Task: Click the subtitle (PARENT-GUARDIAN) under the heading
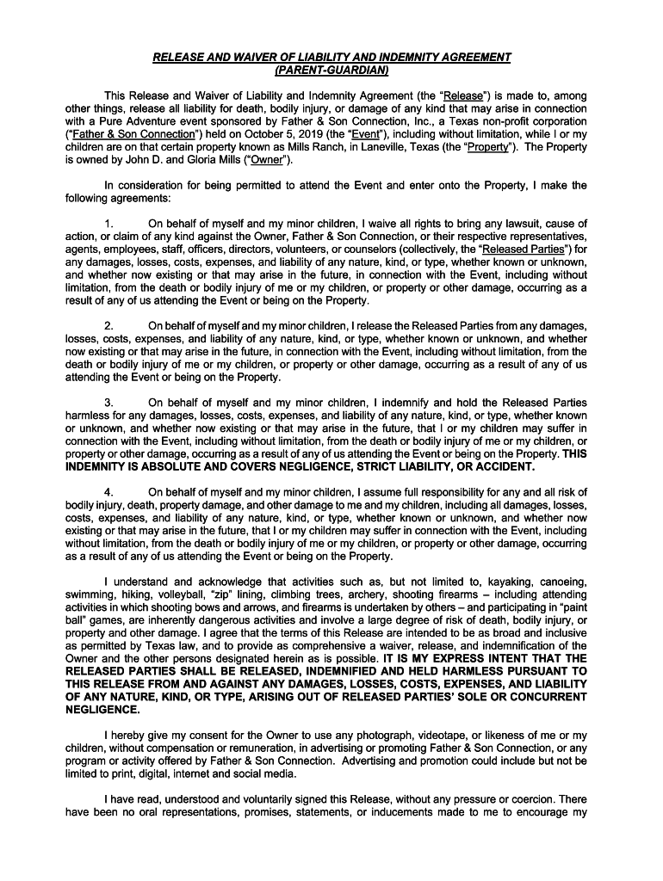[x=331, y=70]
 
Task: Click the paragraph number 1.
[x=108, y=224]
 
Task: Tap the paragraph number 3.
[x=108, y=403]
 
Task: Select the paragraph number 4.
[x=108, y=492]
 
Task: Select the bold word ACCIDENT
[x=504, y=467]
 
